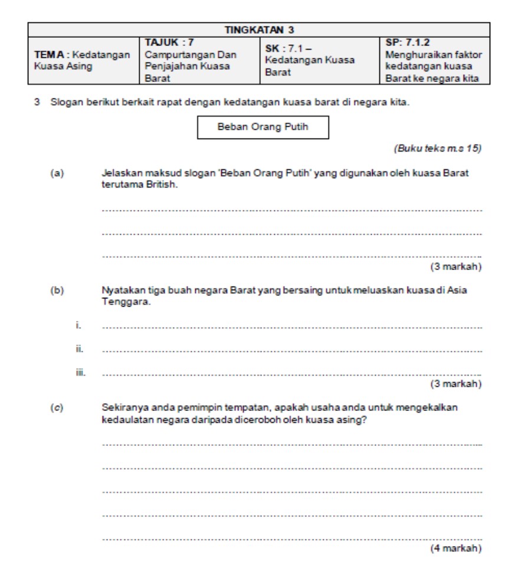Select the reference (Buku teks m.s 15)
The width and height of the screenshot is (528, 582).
[437, 149]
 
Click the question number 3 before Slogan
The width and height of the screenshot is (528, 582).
[37, 103]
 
